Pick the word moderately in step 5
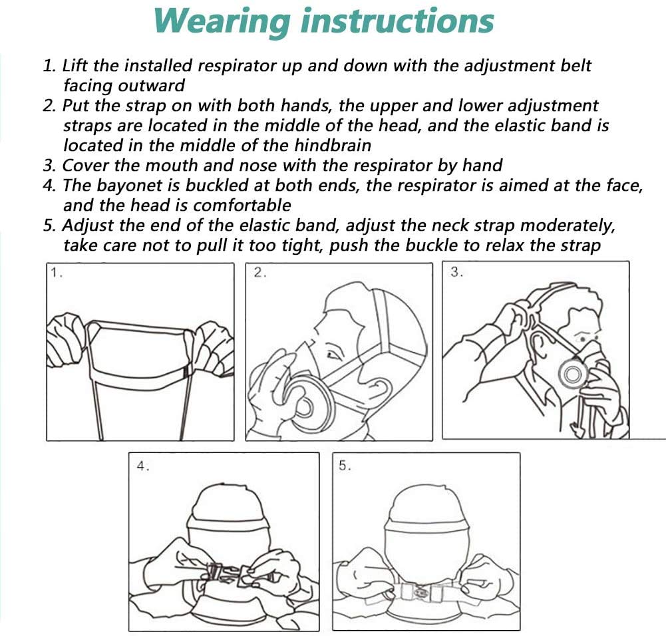pyautogui.click(x=568, y=226)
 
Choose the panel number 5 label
pyautogui.click(x=345, y=466)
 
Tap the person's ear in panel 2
pyautogui.click(x=378, y=388)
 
